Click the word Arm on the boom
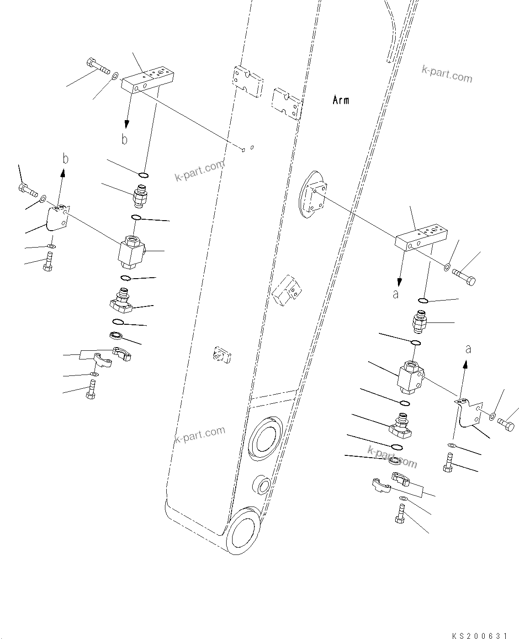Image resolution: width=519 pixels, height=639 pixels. coord(341,100)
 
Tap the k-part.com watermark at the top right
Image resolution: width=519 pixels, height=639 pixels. coord(447,74)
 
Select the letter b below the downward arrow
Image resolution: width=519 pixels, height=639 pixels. coord(124,139)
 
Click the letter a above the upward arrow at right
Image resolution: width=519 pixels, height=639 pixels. coord(468,349)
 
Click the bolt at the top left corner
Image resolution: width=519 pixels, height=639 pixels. coord(97,67)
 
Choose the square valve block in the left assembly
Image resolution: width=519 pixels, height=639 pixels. coord(131,252)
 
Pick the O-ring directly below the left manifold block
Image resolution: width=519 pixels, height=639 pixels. coord(143,174)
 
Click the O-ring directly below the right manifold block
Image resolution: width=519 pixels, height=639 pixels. coord(424,301)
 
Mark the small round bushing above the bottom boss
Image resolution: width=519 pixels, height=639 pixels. coord(261,484)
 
